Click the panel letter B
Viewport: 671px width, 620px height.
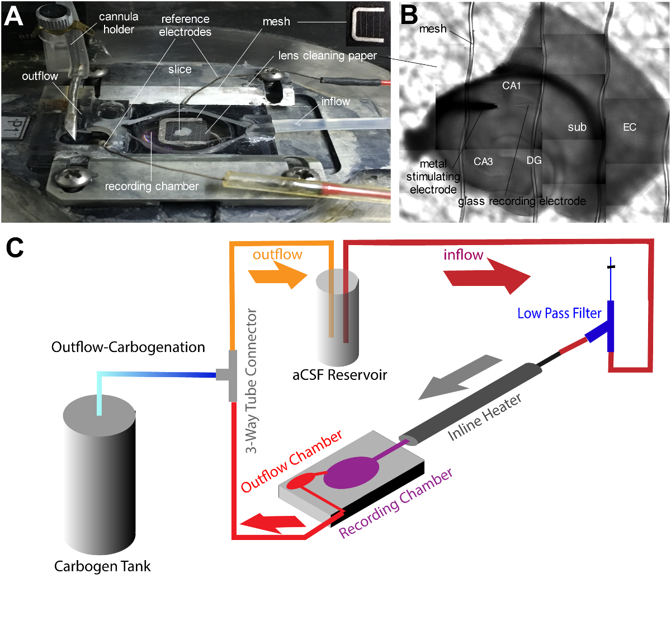(409, 15)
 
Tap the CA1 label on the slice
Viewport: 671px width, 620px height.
(511, 86)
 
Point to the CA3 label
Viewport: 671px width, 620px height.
(483, 162)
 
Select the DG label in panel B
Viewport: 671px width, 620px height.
(534, 161)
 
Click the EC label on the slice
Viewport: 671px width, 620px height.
(630, 128)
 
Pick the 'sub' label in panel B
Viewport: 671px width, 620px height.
(577, 128)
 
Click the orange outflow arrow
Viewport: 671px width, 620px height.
(278, 276)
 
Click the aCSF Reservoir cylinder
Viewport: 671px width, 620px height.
(337, 319)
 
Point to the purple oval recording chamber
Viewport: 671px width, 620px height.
(351, 473)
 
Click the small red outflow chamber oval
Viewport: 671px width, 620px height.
(302, 481)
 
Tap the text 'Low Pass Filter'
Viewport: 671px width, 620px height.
(559, 313)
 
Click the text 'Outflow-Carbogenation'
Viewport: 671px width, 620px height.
(128, 347)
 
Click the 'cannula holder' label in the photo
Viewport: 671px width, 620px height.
(119, 23)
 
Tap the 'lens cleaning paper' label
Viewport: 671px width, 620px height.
(327, 56)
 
